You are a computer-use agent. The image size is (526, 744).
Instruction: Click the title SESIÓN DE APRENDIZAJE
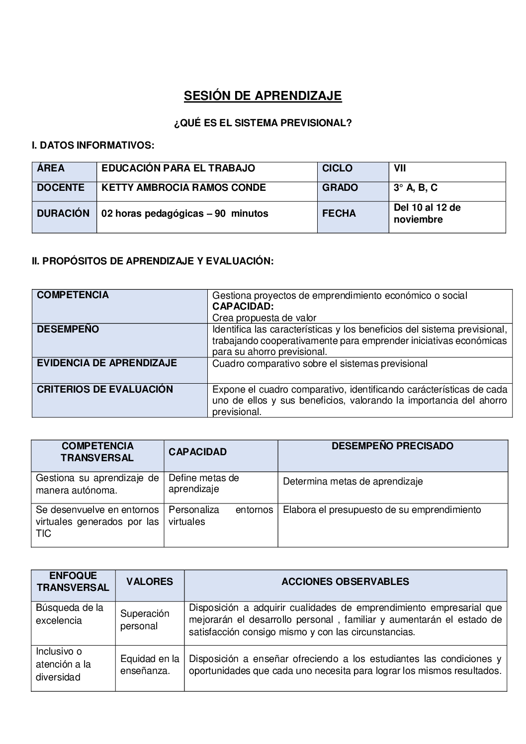[263, 96]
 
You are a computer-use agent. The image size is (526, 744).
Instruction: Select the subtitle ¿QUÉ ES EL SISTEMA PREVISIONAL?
[263, 123]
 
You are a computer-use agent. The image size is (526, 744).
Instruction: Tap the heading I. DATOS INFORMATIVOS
[93, 145]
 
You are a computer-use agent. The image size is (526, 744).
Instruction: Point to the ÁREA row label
[51, 168]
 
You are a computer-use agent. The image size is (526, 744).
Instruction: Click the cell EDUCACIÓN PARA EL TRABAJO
[178, 168]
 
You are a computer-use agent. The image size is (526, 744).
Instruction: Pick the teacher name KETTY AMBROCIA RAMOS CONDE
[183, 188]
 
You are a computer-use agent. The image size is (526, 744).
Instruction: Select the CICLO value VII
[400, 168]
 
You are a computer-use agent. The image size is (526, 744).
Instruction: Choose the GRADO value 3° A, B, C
[416, 188]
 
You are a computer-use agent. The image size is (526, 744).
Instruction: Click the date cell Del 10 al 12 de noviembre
[427, 214]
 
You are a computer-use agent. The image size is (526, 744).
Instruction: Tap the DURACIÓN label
[63, 214]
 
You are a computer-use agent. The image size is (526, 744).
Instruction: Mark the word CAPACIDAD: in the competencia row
[243, 307]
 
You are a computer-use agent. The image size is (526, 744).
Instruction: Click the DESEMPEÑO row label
[68, 330]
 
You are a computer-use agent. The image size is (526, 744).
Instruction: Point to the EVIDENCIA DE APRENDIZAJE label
[107, 363]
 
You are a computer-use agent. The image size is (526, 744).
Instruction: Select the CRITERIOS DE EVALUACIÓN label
[105, 390]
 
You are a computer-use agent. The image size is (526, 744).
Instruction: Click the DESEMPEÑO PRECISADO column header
[392, 446]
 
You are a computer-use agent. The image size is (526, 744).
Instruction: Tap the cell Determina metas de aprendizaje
[352, 482]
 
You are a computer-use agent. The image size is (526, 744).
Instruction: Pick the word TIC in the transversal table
[44, 534]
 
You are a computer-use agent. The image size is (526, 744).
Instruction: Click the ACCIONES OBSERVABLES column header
[345, 582]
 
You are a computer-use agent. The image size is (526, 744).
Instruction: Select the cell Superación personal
[145, 620]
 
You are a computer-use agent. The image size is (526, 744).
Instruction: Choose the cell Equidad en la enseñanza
[150, 665]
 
